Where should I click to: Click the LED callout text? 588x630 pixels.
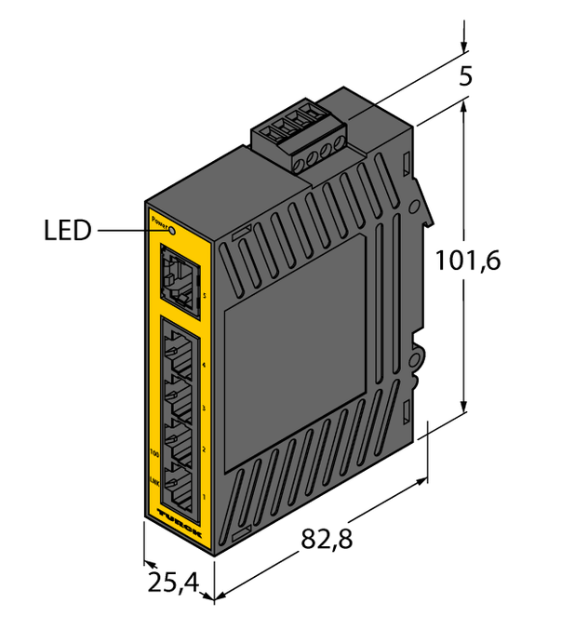(x=68, y=231)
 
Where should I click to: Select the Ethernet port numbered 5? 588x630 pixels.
(x=178, y=272)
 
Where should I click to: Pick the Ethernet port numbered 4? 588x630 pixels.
(x=177, y=355)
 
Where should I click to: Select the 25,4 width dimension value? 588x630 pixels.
(x=173, y=583)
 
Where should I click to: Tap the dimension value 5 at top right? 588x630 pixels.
(x=465, y=77)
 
